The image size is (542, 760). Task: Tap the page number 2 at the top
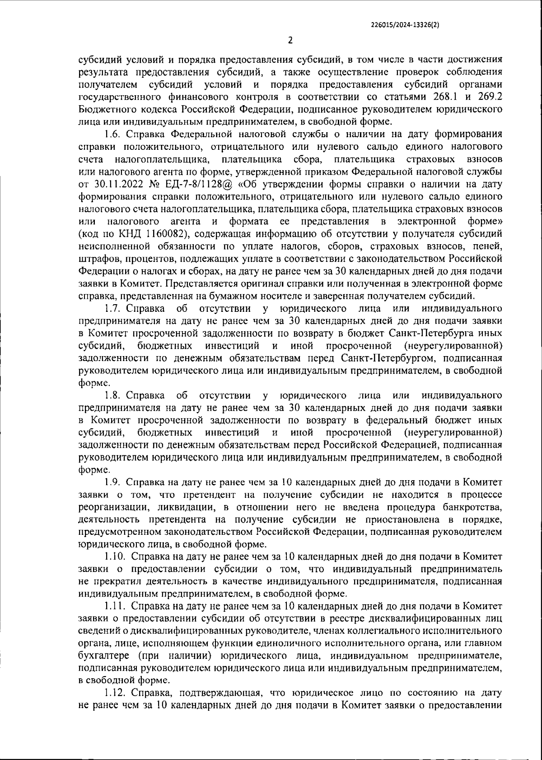[x=290, y=40]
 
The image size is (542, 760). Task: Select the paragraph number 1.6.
[x=112, y=134]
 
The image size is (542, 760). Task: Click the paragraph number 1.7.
[x=112, y=309]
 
